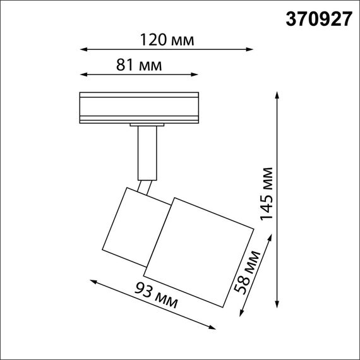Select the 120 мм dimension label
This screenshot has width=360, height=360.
click(167, 39)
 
